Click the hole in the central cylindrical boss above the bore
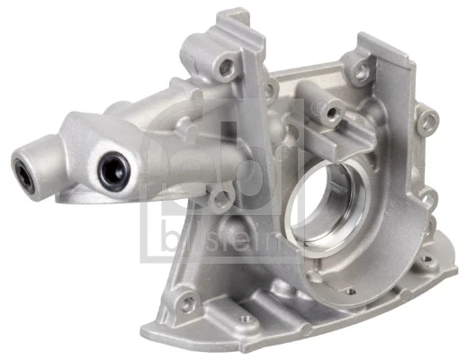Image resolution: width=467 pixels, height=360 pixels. coord(332,113)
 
